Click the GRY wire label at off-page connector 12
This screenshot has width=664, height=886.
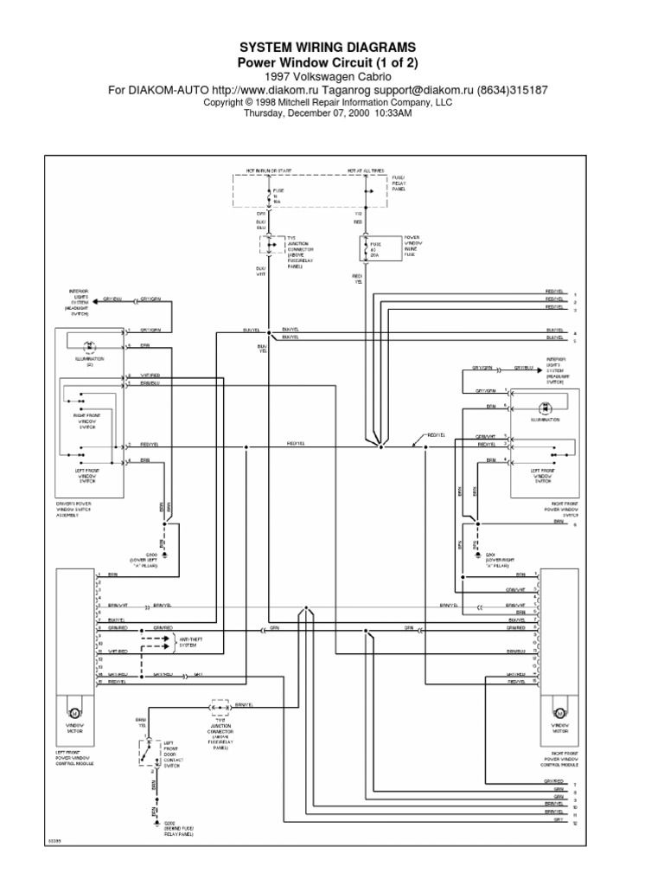point(547,822)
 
